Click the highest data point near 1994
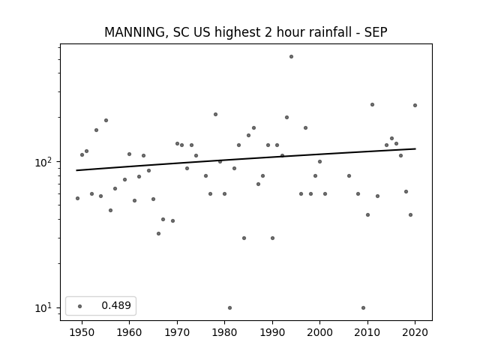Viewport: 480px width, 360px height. pyautogui.click(x=291, y=57)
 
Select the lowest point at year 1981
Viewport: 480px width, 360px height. pyautogui.click(x=229, y=307)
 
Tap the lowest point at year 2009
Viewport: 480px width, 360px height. pyautogui.click(x=363, y=307)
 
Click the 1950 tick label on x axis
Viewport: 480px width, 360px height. pyautogui.click(x=82, y=332)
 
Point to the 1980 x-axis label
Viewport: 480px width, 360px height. pyautogui.click(x=224, y=332)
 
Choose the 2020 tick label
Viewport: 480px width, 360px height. pyautogui.click(x=415, y=332)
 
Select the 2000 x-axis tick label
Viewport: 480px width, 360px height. pyautogui.click(x=319, y=332)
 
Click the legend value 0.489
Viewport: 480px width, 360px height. pyautogui.click(x=116, y=305)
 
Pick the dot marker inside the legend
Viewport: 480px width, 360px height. pyautogui.click(x=80, y=306)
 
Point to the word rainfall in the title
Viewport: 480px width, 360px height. pyautogui.click(x=316, y=31)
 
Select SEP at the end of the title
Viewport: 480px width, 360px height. pyautogui.click(x=376, y=32)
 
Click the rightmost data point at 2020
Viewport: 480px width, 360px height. pyautogui.click(x=415, y=105)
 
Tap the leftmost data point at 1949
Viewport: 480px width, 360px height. pyautogui.click(x=77, y=198)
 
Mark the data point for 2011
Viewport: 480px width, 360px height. pyautogui.click(x=372, y=105)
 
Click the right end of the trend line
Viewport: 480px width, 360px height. pyautogui.click(x=415, y=148)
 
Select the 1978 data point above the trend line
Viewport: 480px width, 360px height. pyautogui.click(x=215, y=115)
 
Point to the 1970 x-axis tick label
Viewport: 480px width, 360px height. pyautogui.click(x=177, y=332)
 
